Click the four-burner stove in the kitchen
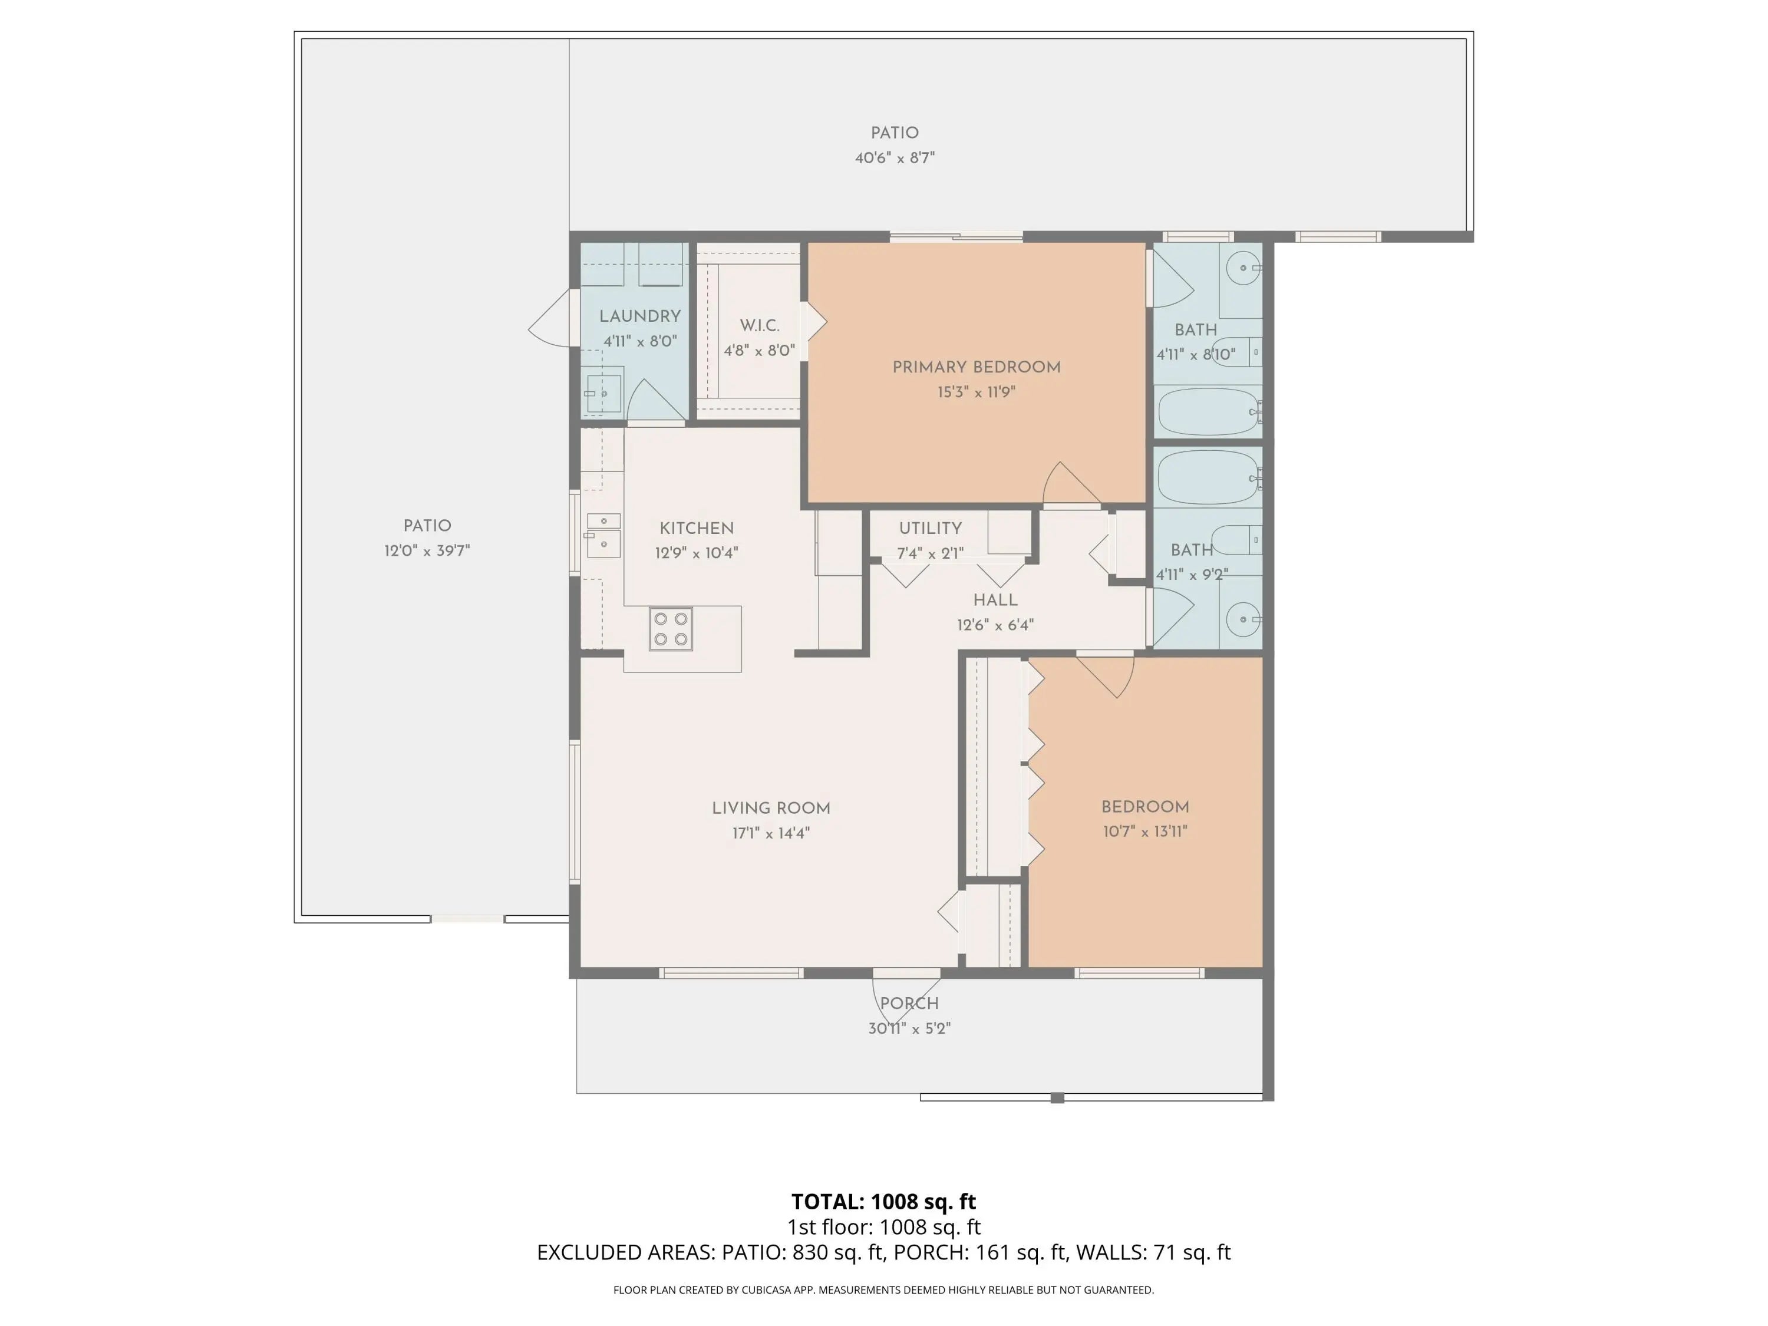(671, 629)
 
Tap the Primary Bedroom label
(977, 367)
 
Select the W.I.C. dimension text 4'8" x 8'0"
(759, 350)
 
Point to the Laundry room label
(640, 316)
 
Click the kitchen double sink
(603, 535)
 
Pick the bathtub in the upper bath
(1209, 411)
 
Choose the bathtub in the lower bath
(1209, 476)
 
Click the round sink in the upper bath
(1243, 269)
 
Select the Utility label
(931, 528)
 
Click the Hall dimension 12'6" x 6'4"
(995, 625)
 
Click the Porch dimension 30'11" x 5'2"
(909, 1028)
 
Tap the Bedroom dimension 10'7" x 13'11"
(1145, 831)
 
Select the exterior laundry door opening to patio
(553, 318)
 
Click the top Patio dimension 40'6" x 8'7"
(895, 157)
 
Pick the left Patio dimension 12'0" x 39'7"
(427, 550)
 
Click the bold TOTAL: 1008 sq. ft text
(883, 1201)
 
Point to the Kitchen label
(696, 528)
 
